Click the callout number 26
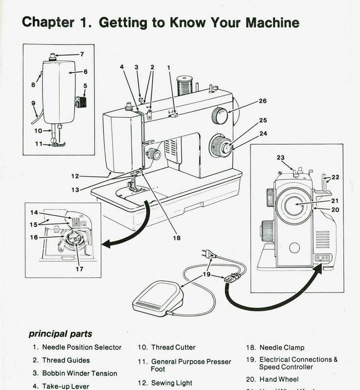point(263,101)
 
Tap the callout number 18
point(176,238)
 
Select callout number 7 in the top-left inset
point(82,54)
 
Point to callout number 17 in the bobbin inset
point(79,269)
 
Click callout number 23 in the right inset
point(281,158)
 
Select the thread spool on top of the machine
point(185,85)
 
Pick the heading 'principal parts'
point(60,334)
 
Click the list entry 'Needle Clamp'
point(282,348)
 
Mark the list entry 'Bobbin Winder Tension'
point(79,373)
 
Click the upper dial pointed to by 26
point(219,117)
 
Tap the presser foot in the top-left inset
point(58,144)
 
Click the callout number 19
point(206,274)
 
